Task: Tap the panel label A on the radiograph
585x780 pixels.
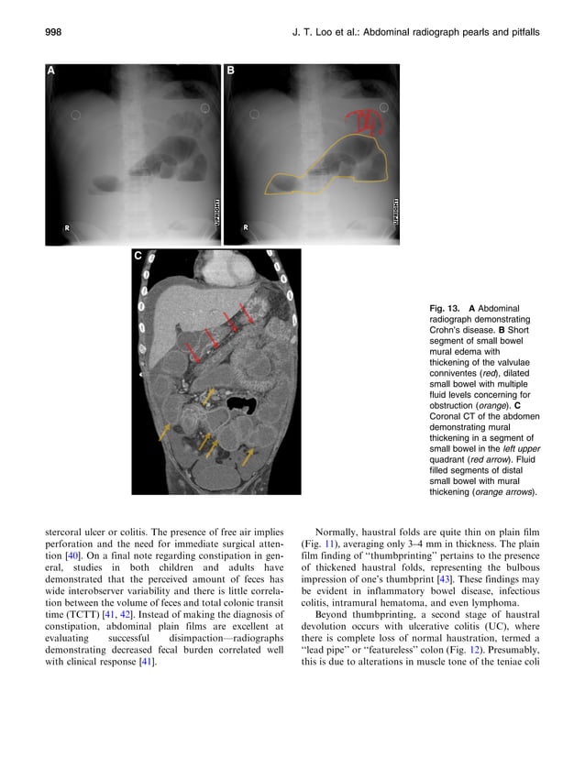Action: (52, 71)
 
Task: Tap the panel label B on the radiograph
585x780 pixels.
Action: (231, 71)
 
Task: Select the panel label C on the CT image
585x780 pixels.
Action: (138, 257)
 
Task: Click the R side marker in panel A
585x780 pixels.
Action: (67, 225)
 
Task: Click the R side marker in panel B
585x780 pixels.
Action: (246, 225)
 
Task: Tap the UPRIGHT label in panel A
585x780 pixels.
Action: (215, 210)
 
